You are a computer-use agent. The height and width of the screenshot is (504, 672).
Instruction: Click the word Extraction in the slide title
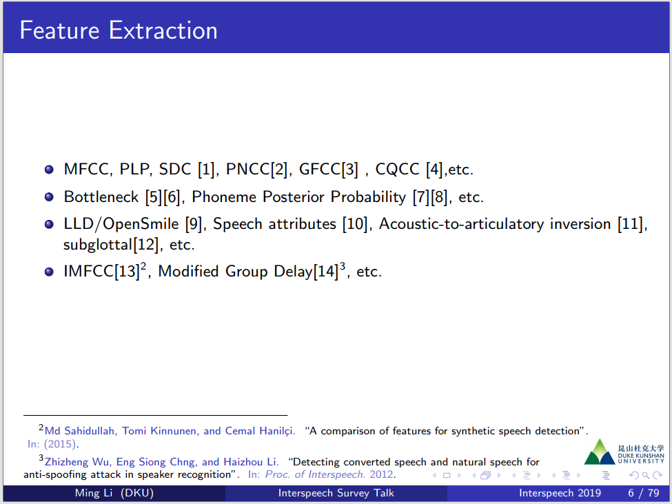[163, 30]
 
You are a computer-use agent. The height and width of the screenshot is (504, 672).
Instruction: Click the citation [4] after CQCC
[434, 170]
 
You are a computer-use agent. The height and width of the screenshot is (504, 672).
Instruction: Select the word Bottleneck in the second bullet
[101, 196]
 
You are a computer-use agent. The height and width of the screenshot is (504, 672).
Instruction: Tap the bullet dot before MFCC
[50, 170]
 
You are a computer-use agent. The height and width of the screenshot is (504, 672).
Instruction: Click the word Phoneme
[224, 196]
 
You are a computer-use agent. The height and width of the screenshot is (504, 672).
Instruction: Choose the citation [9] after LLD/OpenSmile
[193, 224]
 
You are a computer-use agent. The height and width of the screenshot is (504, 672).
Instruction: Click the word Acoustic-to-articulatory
[462, 224]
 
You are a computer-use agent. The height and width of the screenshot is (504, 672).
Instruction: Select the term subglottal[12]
[110, 245]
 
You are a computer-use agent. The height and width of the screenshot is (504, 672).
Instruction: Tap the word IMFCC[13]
[101, 271]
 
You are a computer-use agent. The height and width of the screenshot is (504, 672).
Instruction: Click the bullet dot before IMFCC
[50, 272]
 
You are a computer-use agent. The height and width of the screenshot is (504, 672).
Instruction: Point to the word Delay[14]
[306, 271]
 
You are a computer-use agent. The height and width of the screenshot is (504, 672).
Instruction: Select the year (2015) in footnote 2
[60, 444]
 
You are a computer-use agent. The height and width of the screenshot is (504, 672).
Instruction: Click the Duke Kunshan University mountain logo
[600, 452]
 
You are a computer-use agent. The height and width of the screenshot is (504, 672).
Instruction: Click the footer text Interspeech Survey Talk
[336, 493]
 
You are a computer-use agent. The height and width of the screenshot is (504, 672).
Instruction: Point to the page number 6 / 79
[644, 493]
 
